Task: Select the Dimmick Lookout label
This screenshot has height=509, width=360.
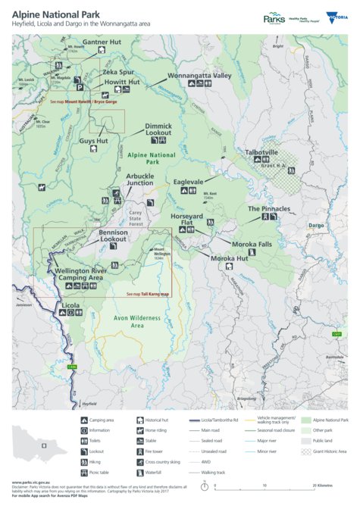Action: tap(158, 130)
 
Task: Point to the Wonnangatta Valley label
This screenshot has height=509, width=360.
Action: tap(199, 76)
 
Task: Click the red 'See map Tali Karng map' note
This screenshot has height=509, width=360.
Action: tap(148, 294)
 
